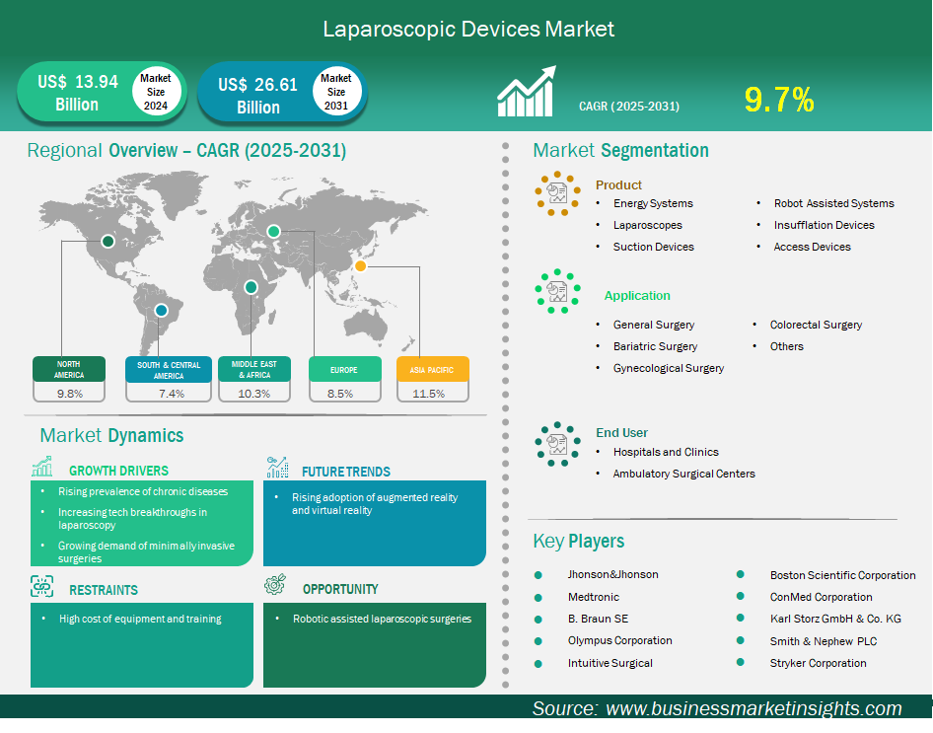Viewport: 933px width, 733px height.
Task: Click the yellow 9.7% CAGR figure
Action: click(x=779, y=100)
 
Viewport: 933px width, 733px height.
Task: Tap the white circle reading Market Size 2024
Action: click(x=155, y=92)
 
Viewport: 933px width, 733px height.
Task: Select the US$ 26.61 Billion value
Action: click(x=257, y=95)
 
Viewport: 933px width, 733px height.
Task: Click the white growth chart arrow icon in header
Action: click(x=527, y=91)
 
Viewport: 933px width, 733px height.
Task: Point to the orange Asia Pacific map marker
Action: click(x=360, y=266)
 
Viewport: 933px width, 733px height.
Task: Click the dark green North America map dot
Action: click(x=108, y=241)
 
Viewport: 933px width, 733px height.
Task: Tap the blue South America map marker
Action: click(x=161, y=310)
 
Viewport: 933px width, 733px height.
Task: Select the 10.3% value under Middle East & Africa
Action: click(x=254, y=394)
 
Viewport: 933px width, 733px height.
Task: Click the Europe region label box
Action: click(x=344, y=370)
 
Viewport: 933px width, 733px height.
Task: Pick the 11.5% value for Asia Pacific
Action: click(x=428, y=394)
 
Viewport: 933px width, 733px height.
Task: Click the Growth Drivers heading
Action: click(x=118, y=471)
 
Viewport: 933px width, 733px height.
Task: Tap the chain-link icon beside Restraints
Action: click(x=41, y=587)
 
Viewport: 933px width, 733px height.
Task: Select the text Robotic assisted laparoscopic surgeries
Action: click(x=382, y=619)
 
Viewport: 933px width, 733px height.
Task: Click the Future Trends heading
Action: click(x=346, y=472)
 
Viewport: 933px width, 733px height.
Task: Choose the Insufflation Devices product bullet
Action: click(x=825, y=225)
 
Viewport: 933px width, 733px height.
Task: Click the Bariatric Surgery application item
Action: click(x=655, y=346)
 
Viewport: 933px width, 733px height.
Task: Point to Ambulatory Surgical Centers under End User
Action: click(x=684, y=474)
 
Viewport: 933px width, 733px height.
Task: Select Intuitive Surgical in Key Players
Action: click(x=610, y=663)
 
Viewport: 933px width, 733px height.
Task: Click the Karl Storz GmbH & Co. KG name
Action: click(x=835, y=619)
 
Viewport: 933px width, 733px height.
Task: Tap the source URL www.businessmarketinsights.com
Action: click(x=754, y=708)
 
